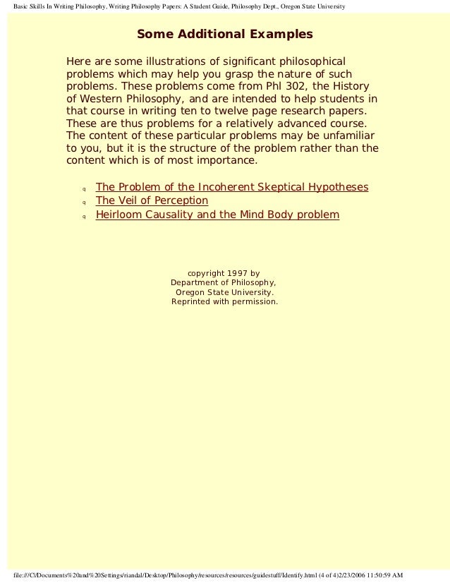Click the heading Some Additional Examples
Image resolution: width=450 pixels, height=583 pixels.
(224, 35)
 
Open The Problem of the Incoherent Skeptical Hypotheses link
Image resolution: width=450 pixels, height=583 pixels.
(231, 187)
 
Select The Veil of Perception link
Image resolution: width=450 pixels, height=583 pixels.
(152, 200)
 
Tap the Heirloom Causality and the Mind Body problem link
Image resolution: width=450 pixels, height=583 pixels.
(217, 215)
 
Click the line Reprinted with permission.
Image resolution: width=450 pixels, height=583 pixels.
(224, 301)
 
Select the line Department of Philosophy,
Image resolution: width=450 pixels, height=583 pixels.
(224, 282)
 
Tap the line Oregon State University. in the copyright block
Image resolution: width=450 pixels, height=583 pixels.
(224, 291)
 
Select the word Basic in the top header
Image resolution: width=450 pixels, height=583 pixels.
(24, 6)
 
